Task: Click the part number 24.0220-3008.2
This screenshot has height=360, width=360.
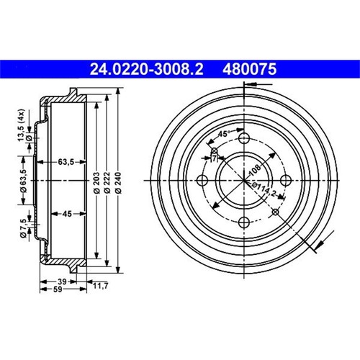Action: [146, 69]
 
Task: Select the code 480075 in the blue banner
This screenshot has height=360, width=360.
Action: [250, 69]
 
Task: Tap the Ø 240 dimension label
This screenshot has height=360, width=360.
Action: [118, 183]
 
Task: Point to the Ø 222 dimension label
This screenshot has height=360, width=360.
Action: [107, 183]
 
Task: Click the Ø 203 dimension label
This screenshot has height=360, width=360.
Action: [96, 183]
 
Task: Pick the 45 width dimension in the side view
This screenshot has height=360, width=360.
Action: [67, 213]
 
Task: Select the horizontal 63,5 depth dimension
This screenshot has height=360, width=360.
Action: [66, 162]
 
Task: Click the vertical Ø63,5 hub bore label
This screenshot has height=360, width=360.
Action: [23, 181]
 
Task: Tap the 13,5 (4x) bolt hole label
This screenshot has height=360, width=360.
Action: [21, 125]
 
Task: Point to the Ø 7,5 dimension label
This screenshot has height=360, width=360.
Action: [23, 228]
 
